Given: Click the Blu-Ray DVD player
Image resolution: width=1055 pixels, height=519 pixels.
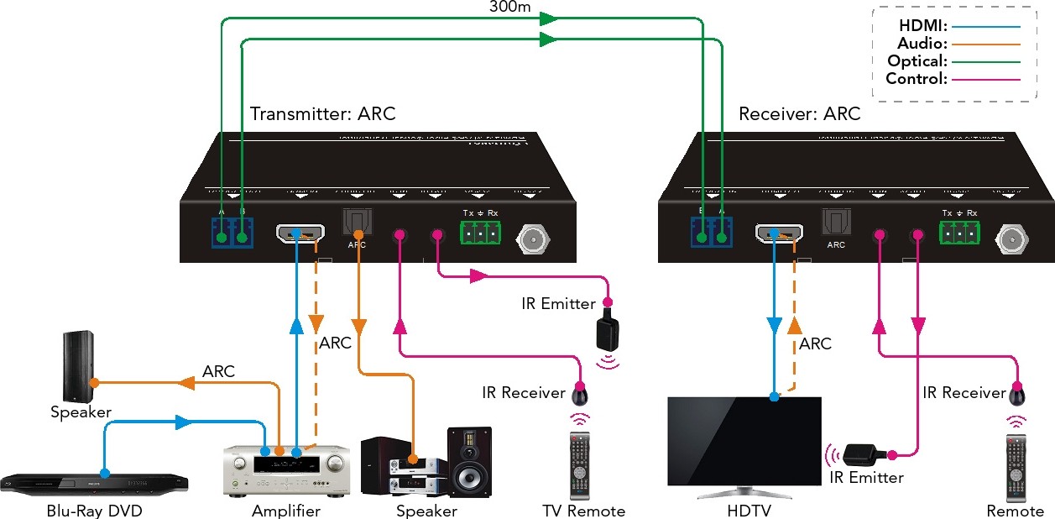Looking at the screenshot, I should click(x=94, y=481).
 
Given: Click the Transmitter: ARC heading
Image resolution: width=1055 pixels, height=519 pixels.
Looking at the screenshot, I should click(x=323, y=113).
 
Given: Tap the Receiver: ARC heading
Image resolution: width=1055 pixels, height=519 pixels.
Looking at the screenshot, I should click(x=800, y=113).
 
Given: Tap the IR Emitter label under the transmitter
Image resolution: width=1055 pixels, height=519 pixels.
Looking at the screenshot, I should click(x=557, y=303).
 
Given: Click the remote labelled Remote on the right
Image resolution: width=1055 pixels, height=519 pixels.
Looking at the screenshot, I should click(x=1016, y=467).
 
